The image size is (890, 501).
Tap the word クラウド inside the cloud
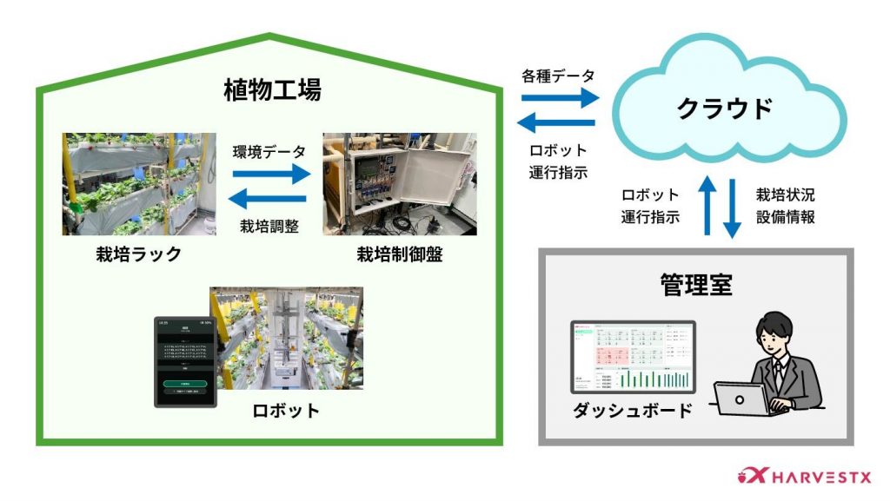(725, 109)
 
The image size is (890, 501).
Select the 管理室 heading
(695, 286)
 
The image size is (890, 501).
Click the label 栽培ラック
(139, 255)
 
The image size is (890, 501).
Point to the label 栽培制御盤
(399, 255)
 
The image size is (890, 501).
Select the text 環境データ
(269, 151)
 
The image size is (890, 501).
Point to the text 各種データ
(558, 76)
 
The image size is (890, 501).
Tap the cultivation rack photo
(139, 184)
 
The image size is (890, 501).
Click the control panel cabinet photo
(399, 184)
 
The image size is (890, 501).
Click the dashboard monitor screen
(633, 357)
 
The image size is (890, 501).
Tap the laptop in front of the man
(741, 400)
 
